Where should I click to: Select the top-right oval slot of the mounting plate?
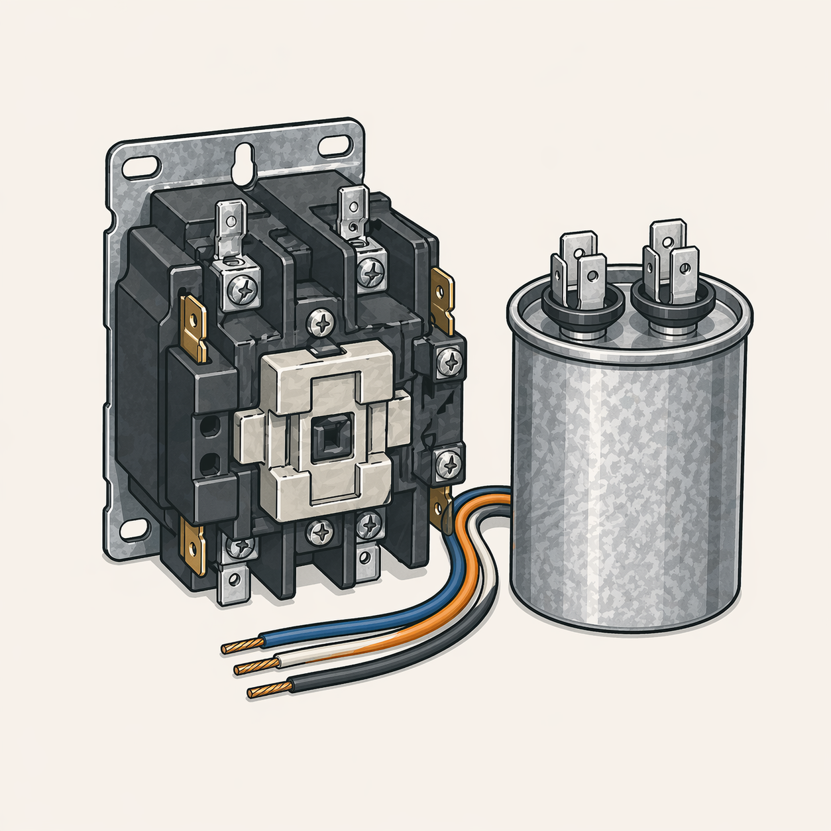click(335, 145)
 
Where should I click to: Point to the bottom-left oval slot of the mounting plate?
click(135, 528)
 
